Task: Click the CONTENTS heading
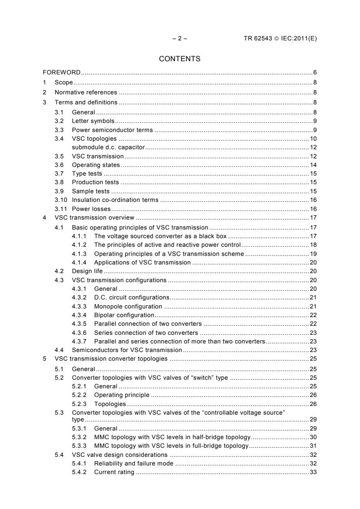coord(179,59)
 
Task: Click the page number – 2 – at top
coord(180,39)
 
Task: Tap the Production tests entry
coord(95,182)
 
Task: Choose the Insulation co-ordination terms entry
coord(115,200)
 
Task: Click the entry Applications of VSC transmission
coord(142,262)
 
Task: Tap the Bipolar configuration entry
coord(124,315)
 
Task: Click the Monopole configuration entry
coord(128,307)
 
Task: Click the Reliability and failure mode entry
coord(134,464)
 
